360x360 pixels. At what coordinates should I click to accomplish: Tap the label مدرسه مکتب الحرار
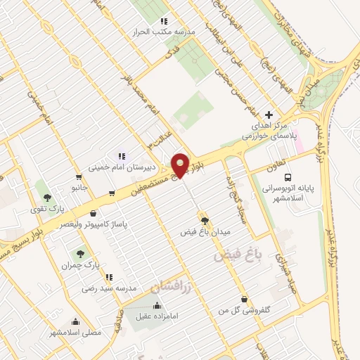[164, 32]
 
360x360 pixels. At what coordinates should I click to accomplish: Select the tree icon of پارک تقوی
[47, 198]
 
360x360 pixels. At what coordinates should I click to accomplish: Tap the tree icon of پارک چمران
[77, 254]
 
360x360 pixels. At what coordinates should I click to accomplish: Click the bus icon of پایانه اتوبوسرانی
[292, 178]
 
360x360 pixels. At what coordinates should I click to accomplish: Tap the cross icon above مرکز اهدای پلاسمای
[268, 115]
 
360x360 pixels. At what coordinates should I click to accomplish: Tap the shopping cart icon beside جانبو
[112, 192]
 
